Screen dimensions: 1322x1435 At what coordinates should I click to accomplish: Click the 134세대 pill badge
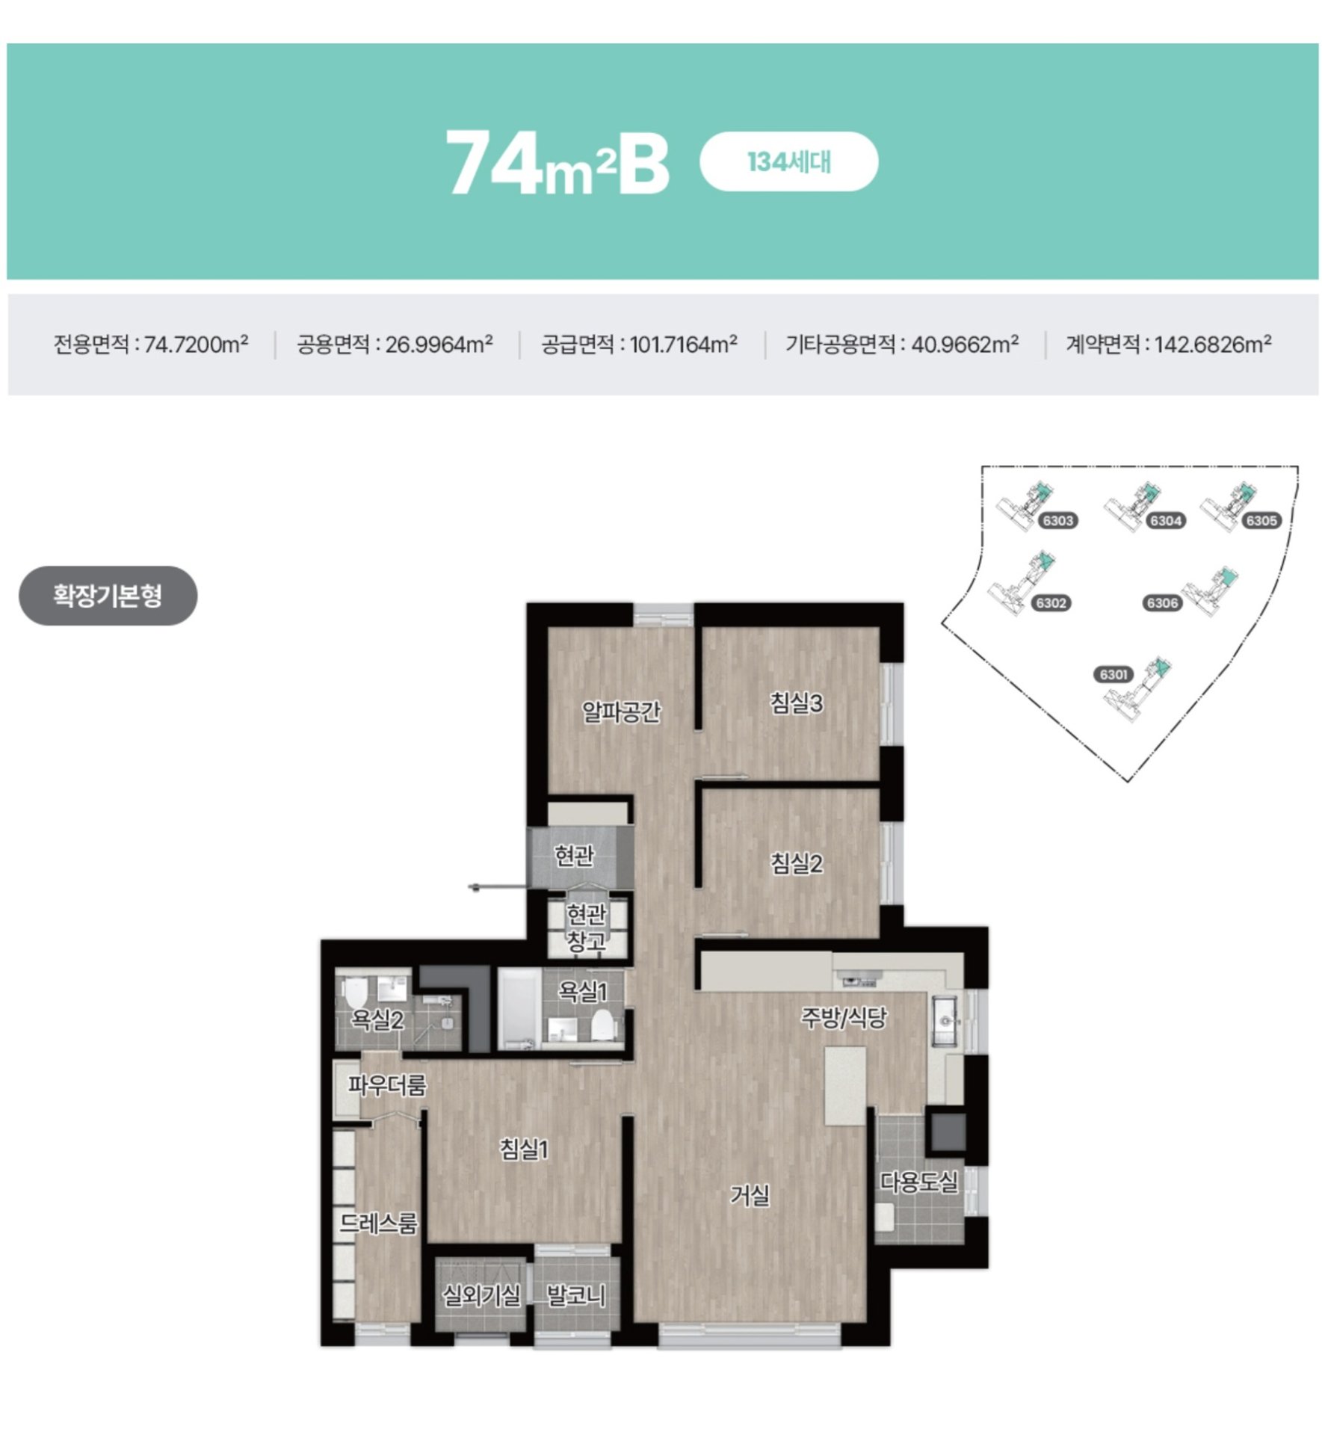tap(788, 161)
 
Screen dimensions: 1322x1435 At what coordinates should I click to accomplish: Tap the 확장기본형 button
tap(108, 596)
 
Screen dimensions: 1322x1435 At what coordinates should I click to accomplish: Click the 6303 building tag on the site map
tap(1057, 521)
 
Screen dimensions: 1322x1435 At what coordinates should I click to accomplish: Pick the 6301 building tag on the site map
tap(1113, 675)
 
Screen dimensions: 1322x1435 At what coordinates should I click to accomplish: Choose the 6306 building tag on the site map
tap(1162, 603)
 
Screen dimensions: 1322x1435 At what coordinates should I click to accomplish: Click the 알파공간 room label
tap(621, 712)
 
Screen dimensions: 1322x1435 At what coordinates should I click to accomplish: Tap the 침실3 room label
tap(797, 703)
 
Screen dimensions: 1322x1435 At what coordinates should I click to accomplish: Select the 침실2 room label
tap(797, 864)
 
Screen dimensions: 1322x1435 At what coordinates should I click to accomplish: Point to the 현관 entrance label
tap(574, 855)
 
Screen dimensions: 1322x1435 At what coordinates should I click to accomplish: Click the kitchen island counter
tap(845, 1086)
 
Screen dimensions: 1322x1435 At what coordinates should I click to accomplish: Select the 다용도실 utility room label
tap(918, 1182)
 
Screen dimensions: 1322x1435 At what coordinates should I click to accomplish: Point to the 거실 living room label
tap(750, 1196)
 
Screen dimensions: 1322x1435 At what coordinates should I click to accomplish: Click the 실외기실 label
tap(481, 1295)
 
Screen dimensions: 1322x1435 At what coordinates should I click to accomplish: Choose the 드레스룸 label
tap(378, 1223)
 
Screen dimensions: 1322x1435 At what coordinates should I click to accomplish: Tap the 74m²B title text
tap(557, 162)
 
